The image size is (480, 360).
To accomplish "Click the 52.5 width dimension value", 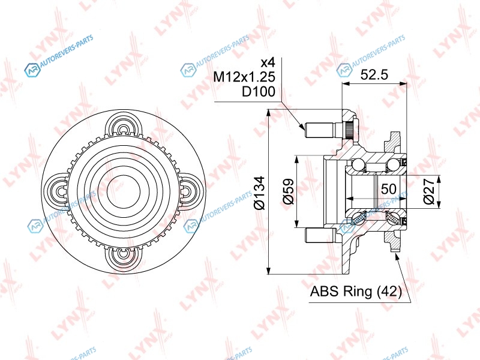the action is (374, 74).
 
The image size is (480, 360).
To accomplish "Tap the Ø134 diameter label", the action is (259, 193).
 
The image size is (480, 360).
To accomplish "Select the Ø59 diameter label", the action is (288, 191).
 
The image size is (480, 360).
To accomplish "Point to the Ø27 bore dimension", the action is (429, 191).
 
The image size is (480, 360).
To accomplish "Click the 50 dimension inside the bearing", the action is (389, 189).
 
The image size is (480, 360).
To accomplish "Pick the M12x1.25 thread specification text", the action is (244, 77).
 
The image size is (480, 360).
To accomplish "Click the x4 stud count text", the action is (268, 62).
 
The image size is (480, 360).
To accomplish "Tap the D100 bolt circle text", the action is (259, 91).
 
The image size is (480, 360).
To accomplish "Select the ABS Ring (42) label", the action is (356, 291).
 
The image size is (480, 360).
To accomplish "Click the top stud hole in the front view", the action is (123, 129).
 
